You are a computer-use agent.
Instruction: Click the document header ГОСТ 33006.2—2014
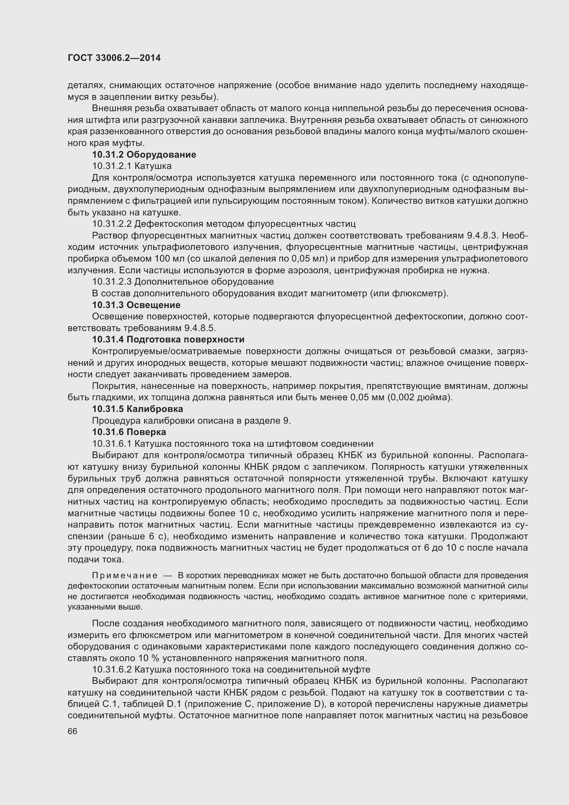click(x=114, y=58)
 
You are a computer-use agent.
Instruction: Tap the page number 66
click(x=72, y=731)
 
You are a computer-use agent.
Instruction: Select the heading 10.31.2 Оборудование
click(x=144, y=155)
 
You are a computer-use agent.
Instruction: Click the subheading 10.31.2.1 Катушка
click(x=132, y=166)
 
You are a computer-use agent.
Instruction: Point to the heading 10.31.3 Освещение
click(x=136, y=305)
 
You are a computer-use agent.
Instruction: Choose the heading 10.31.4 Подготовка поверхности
click(x=168, y=339)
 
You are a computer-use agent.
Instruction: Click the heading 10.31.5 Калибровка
click(x=137, y=409)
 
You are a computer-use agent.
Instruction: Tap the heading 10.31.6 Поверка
click(x=129, y=432)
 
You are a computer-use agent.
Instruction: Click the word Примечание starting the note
click(x=125, y=576)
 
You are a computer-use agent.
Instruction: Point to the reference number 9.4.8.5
click(x=200, y=328)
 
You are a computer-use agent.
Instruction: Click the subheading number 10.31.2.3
click(x=111, y=282)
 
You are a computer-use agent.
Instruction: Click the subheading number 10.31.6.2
click(x=111, y=669)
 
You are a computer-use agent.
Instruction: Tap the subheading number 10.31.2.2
click(x=111, y=224)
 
